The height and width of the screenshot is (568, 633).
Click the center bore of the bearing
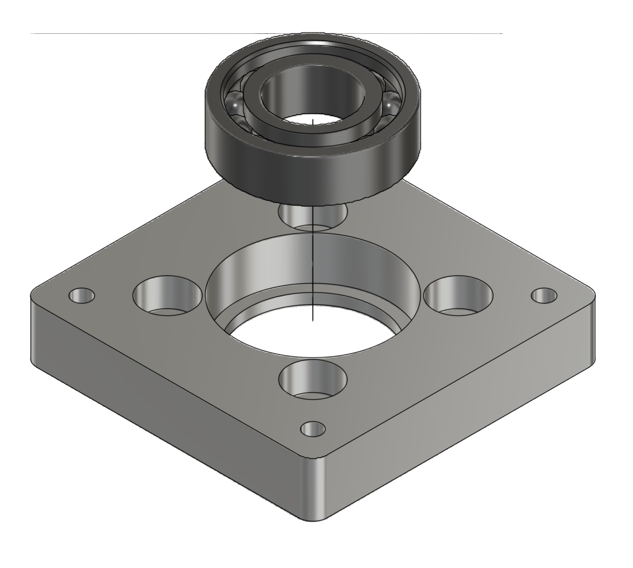[x=310, y=102]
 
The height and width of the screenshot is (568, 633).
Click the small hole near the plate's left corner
[x=82, y=296]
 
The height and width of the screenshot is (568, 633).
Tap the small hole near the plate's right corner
[x=544, y=295]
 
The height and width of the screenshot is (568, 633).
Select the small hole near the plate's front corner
[x=313, y=429]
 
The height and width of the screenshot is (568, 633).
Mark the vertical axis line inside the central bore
[x=312, y=267]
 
